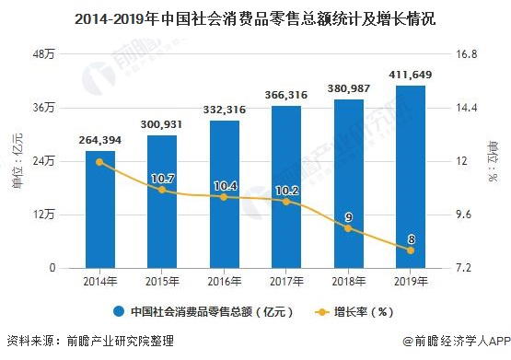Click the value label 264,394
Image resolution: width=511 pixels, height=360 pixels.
(99, 140)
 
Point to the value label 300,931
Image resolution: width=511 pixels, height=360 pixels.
(162, 124)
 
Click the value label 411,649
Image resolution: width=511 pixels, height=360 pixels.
(411, 74)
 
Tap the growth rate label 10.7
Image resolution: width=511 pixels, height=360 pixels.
(162, 177)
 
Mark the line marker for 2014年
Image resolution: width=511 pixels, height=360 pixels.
(99, 162)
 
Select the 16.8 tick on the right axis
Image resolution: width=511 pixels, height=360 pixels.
(467, 54)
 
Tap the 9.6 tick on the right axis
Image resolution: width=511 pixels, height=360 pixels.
(465, 215)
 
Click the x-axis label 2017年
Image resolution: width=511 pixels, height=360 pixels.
(286, 282)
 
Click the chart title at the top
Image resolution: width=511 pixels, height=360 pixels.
(255, 18)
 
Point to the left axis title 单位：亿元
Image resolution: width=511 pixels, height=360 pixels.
(16, 162)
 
